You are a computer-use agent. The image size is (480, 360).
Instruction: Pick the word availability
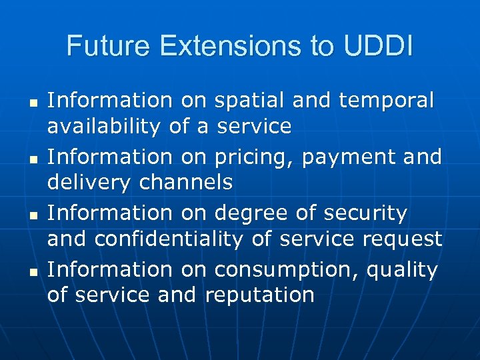coord(106,125)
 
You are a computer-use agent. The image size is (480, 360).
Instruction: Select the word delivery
coord(87,182)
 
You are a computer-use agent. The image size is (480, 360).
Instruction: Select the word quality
coord(407,271)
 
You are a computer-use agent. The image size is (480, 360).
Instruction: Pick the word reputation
coord(260,295)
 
